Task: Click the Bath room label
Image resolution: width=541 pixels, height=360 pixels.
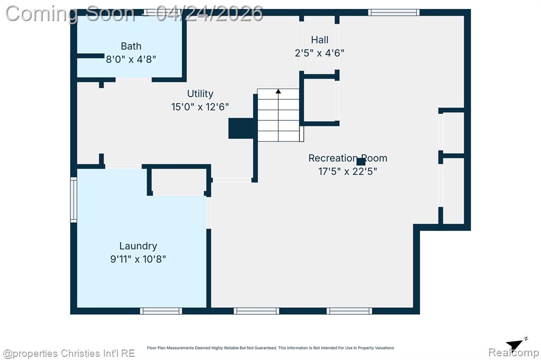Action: click(x=131, y=46)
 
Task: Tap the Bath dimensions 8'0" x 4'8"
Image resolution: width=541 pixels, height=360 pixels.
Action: click(x=131, y=59)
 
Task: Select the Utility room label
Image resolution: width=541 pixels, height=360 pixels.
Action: click(x=200, y=94)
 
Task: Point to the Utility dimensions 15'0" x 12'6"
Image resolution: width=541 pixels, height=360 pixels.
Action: click(x=200, y=107)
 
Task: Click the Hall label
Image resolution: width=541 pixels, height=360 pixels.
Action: click(x=320, y=40)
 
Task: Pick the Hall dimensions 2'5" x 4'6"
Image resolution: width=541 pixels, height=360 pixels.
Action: click(x=320, y=53)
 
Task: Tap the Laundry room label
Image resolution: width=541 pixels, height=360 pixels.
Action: click(x=138, y=246)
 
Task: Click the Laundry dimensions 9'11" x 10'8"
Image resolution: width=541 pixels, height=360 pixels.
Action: click(x=138, y=259)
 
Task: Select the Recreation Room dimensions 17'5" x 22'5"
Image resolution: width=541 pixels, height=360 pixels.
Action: click(x=348, y=172)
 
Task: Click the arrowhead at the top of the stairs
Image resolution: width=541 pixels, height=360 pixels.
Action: click(x=278, y=91)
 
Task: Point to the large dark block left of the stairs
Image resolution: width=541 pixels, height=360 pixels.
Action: click(x=241, y=128)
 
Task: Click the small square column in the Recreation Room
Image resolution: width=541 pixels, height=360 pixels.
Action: click(x=361, y=162)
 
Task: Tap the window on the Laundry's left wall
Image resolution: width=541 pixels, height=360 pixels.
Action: click(x=73, y=200)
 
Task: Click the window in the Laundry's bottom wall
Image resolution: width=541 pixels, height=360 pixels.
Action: click(x=161, y=311)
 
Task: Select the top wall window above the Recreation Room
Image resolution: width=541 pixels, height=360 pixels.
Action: click(x=394, y=13)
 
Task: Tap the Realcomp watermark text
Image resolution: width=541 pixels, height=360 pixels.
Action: click(x=514, y=353)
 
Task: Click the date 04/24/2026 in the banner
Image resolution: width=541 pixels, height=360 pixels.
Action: click(x=209, y=14)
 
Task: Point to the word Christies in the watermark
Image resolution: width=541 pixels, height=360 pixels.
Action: click(x=81, y=354)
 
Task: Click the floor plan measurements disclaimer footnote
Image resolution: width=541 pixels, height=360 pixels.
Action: click(x=270, y=348)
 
